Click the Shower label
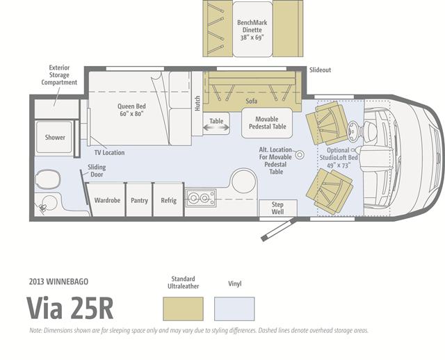55,138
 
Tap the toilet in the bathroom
47,179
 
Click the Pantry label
139,200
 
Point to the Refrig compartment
168,199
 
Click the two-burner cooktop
201,198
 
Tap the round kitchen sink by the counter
244,181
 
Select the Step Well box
278,208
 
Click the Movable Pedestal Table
267,123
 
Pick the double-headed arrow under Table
216,128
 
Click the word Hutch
197,104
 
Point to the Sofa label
252,101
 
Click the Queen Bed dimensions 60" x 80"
131,113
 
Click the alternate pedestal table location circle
300,154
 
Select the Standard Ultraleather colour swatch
183,309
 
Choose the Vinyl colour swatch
234,309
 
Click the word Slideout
320,69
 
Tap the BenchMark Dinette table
252,29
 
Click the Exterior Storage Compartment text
59,75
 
